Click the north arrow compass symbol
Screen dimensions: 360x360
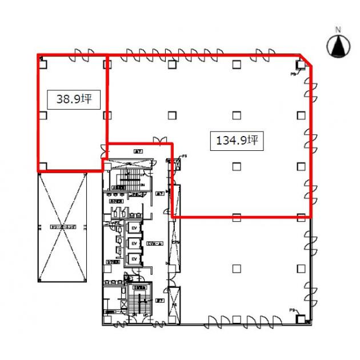(x=338, y=46)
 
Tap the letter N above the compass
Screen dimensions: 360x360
(x=338, y=29)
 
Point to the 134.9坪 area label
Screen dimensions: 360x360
(x=237, y=139)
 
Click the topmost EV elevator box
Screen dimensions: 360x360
(x=134, y=228)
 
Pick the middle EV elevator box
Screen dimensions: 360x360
(x=134, y=243)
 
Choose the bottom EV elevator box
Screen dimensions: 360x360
(x=134, y=259)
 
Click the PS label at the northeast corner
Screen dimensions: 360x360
(x=293, y=74)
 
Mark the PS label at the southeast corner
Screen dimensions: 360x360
(x=291, y=310)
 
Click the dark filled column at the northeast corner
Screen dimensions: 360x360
(x=301, y=65)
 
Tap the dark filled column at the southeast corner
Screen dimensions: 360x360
(x=301, y=318)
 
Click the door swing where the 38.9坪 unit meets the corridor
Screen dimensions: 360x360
(x=103, y=150)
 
